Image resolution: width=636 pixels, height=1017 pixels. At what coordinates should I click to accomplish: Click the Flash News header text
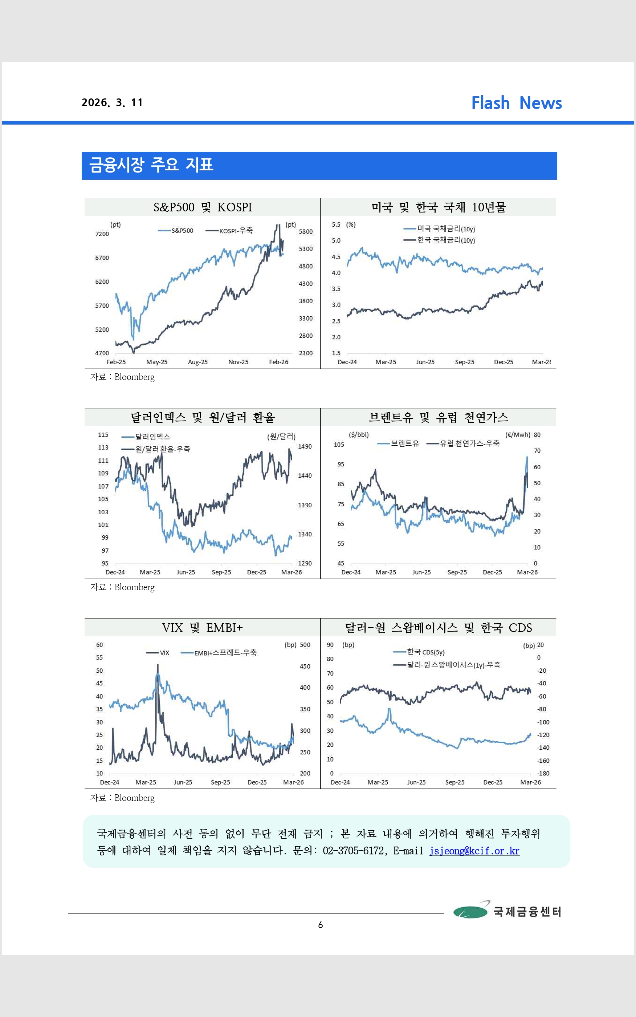516,103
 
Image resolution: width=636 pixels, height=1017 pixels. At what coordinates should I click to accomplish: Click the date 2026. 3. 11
112,103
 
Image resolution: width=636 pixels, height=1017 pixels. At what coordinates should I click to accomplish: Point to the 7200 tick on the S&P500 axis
102,234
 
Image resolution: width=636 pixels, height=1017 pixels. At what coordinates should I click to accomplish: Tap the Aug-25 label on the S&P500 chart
198,362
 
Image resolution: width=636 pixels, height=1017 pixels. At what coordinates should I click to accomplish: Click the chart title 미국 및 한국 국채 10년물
438,207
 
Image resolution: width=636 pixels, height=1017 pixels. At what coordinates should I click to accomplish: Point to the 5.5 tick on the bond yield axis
336,225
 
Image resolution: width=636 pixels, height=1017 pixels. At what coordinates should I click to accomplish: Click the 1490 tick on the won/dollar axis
305,446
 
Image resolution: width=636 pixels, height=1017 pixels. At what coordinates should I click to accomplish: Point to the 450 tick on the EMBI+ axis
305,666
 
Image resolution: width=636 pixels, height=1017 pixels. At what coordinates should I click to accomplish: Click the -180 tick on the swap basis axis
543,773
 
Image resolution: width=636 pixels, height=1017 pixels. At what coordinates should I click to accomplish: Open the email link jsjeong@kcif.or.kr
474,851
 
